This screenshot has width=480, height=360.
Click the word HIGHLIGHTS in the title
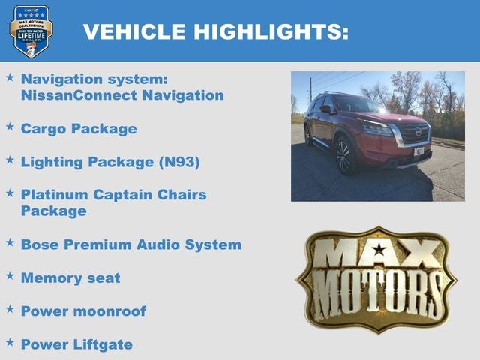271,31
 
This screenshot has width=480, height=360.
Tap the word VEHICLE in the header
134,31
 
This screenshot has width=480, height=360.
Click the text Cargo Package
79,128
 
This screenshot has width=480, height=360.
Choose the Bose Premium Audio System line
131,244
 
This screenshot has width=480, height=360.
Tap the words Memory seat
70,277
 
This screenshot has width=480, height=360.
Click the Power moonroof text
83,310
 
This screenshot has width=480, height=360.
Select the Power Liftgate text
76,344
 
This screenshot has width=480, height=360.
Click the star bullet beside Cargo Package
10,127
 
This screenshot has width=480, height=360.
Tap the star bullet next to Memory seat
10,276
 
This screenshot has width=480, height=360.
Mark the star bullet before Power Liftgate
10,342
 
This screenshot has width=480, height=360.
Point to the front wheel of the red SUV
344,154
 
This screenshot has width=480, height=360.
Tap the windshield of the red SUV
355,104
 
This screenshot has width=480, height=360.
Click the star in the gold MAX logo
379,249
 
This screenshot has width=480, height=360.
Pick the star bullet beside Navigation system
10,77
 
